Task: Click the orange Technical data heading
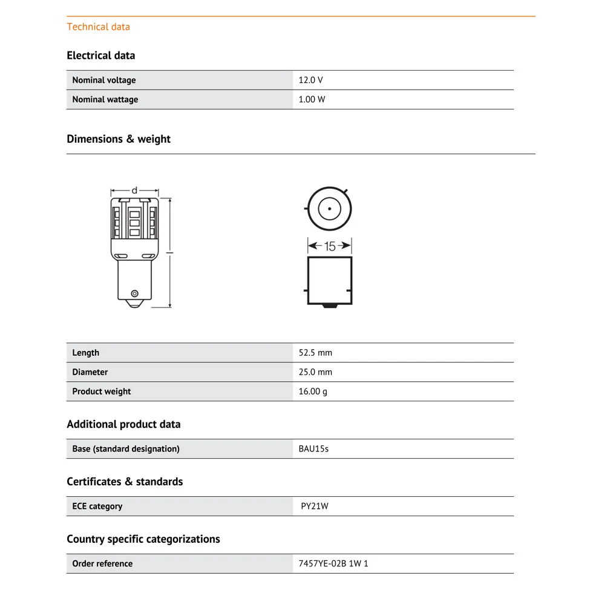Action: [x=98, y=27]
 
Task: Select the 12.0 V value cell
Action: [x=310, y=80]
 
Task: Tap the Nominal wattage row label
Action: [x=105, y=99]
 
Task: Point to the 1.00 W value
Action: [x=312, y=99]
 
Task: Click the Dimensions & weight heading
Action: [x=119, y=139]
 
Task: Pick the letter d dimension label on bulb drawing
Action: [x=134, y=191]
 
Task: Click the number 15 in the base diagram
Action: [x=330, y=246]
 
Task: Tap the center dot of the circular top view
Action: [x=329, y=209]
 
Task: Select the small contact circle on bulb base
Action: [x=134, y=294]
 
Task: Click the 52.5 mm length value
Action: [x=315, y=353]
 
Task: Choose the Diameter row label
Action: [x=90, y=372]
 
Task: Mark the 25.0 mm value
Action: [x=315, y=372]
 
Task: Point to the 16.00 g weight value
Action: [x=313, y=392]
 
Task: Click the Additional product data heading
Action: [x=123, y=424]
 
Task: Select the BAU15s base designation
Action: [x=313, y=449]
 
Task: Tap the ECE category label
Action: [x=97, y=506]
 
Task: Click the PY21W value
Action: [x=315, y=506]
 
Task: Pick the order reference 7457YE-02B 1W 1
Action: [x=333, y=564]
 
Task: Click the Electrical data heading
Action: [x=101, y=56]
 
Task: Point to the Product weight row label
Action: [x=101, y=392]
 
